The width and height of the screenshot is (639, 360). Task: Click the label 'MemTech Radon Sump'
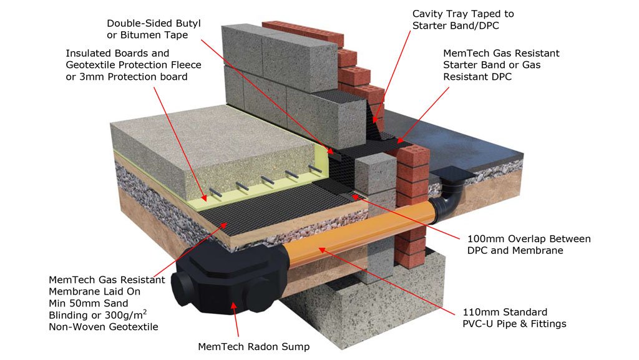[x=253, y=346]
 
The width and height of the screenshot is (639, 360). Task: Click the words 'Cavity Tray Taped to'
[x=463, y=14]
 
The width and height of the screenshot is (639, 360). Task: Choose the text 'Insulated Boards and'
[x=117, y=54]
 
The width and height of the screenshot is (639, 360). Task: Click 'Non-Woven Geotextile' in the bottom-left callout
[x=103, y=326]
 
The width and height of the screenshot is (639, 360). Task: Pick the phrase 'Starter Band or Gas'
[x=492, y=65]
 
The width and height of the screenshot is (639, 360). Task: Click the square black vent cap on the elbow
[x=448, y=172]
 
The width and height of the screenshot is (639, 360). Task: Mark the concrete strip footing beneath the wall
[x=368, y=312]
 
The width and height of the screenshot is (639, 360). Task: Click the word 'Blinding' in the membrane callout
[x=67, y=314]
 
